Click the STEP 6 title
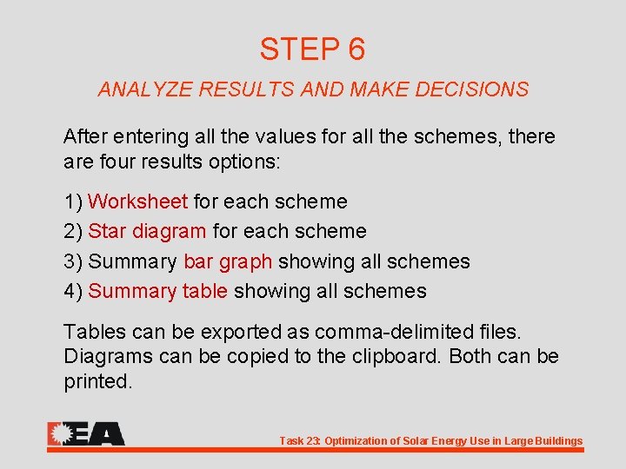[x=312, y=50]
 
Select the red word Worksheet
[x=138, y=202]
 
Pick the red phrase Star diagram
[x=148, y=232]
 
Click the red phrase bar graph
[x=228, y=261]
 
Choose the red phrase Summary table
[x=158, y=291]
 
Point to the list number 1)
[x=73, y=202]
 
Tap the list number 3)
[x=73, y=261]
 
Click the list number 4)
[x=73, y=291]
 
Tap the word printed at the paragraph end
[x=97, y=382]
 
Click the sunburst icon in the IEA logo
[x=60, y=433]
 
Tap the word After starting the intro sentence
[x=84, y=137]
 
